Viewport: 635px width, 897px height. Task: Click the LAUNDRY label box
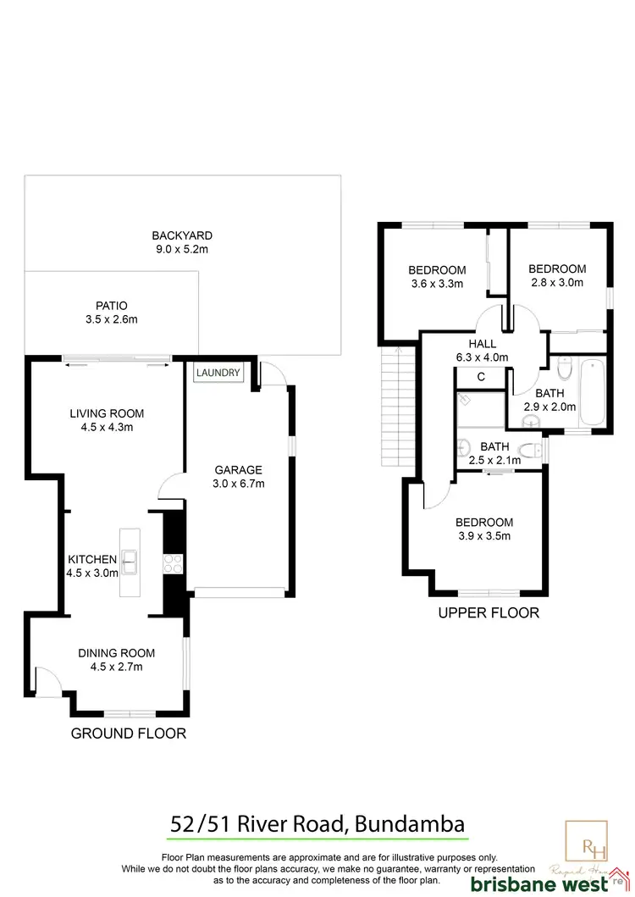pyautogui.click(x=218, y=373)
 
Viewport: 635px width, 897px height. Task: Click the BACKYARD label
pyautogui.click(x=182, y=235)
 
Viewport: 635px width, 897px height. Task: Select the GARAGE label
pyautogui.click(x=237, y=470)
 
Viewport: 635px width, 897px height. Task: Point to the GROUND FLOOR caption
pyautogui.click(x=128, y=734)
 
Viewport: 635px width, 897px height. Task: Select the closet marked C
pyautogui.click(x=481, y=378)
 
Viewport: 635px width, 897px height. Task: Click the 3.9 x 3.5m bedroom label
pyautogui.click(x=483, y=536)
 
